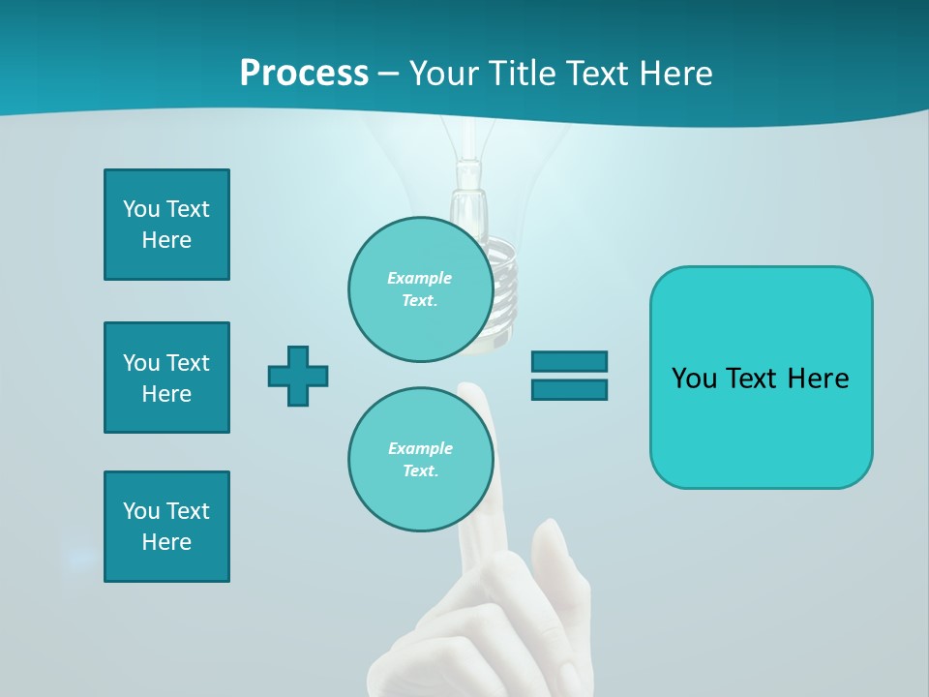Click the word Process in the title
(x=304, y=74)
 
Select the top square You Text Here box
(x=166, y=225)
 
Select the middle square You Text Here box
(x=166, y=378)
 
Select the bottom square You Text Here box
(x=166, y=527)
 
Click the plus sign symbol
(x=298, y=376)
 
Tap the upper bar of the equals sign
(x=569, y=361)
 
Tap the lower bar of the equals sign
(x=569, y=389)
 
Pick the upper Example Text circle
(x=420, y=289)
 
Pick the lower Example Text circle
(x=420, y=460)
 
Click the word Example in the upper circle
(x=420, y=278)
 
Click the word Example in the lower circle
(x=420, y=448)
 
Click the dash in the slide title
(x=388, y=74)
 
